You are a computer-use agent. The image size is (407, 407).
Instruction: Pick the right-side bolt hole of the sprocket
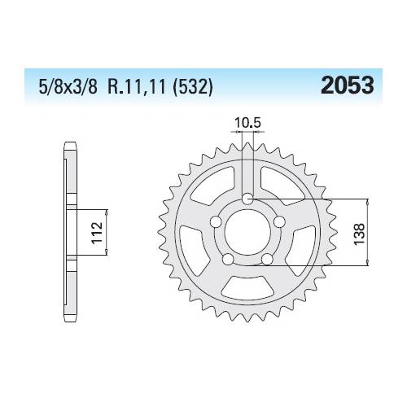click(278, 223)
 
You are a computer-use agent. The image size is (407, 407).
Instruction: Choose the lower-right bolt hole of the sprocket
click(266, 260)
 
